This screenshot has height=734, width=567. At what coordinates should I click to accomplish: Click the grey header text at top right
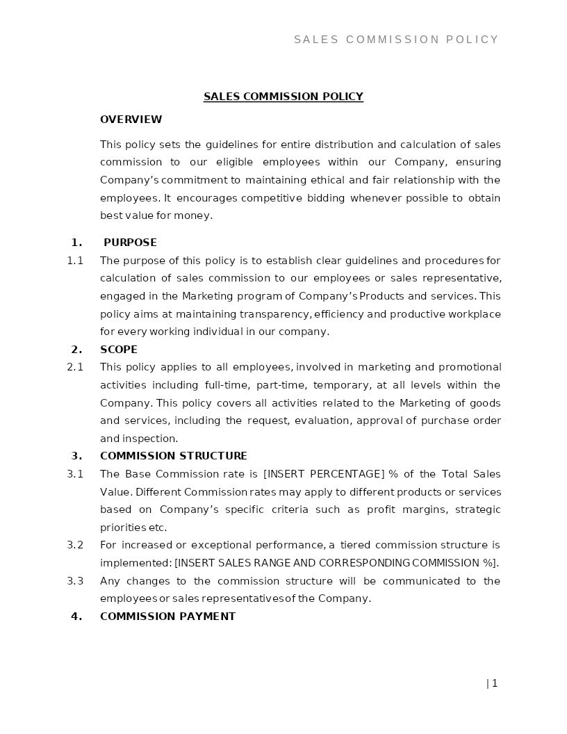[396, 40]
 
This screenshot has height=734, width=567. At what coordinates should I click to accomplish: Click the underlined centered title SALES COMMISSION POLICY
[283, 97]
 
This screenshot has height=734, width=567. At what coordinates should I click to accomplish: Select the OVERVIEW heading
[131, 120]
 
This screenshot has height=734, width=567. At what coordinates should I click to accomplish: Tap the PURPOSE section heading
[130, 243]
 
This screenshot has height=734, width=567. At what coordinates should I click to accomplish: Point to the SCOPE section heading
[119, 350]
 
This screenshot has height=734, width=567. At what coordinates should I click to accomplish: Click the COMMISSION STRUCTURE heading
[173, 456]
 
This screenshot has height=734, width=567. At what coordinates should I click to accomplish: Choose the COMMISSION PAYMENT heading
[167, 617]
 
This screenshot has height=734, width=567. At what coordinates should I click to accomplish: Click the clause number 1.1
[75, 261]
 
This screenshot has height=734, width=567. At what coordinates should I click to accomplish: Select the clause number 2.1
[75, 367]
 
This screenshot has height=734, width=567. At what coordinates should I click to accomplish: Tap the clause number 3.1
[75, 474]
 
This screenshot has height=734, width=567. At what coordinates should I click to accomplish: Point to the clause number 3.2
[75, 545]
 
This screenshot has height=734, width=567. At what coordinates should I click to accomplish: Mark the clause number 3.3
[75, 581]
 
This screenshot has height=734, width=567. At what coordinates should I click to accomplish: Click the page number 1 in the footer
[494, 683]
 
